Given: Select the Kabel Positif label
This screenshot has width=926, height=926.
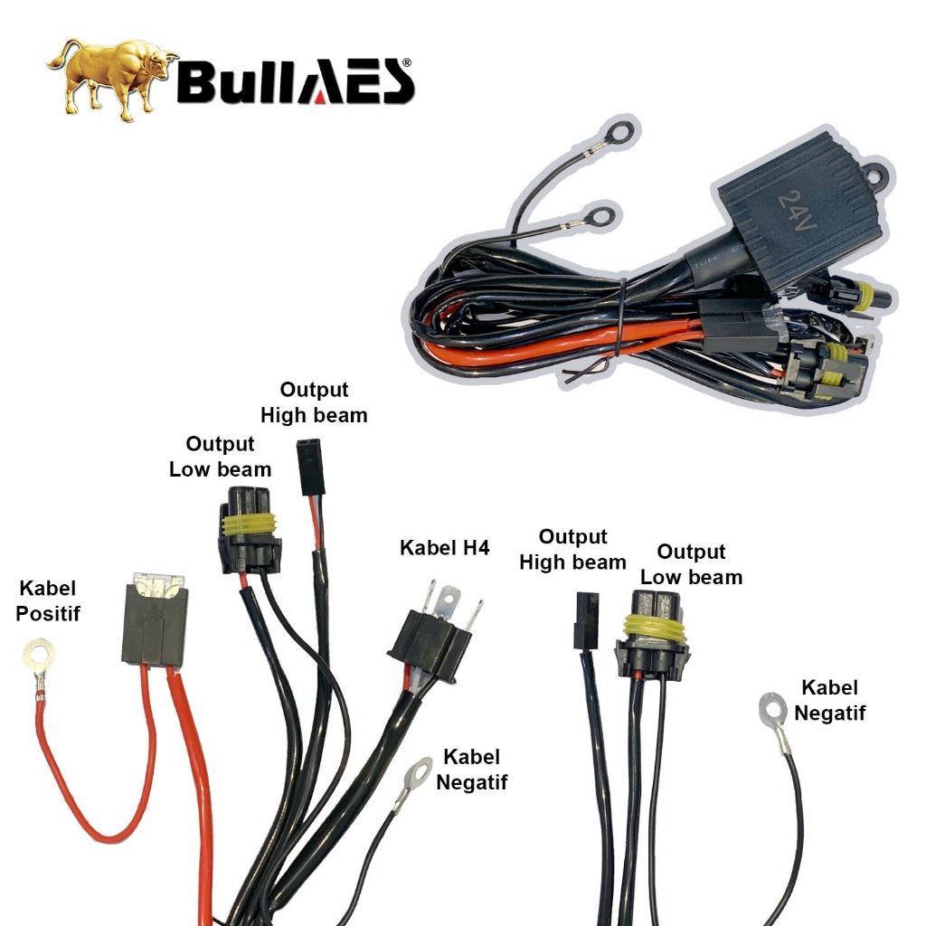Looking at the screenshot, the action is click(49, 601).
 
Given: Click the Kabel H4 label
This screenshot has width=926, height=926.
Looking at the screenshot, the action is click(444, 549).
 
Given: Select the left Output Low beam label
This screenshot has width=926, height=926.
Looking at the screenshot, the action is click(220, 457).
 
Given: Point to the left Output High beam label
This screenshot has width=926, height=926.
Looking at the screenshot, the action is click(314, 402).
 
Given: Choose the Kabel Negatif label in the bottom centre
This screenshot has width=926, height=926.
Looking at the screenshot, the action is click(471, 770).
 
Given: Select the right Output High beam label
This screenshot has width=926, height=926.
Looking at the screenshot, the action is click(572, 550).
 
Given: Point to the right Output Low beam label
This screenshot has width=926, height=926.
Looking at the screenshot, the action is click(691, 564).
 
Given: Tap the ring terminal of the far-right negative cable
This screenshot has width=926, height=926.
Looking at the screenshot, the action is click(770, 710).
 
